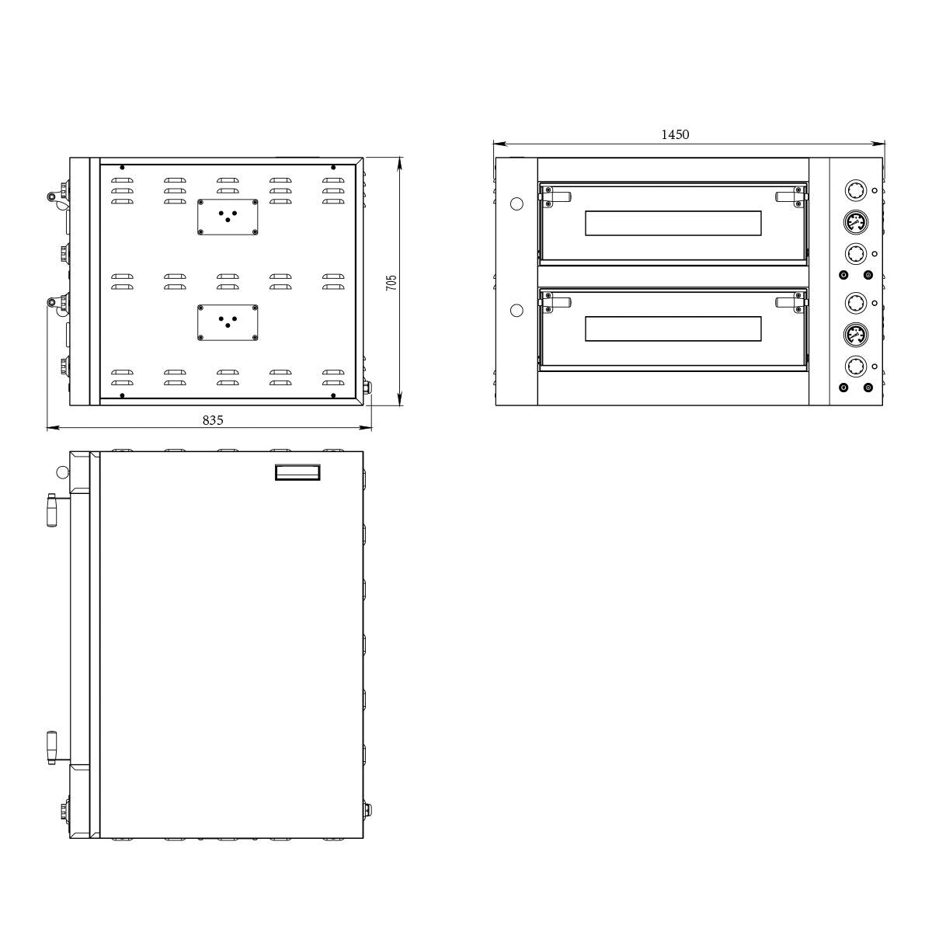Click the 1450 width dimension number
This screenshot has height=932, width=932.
coord(674,134)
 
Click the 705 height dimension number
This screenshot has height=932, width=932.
coord(391,282)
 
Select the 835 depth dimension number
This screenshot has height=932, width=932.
coord(212,419)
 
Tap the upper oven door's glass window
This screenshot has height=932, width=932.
coord(673,224)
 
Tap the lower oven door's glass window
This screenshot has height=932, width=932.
coord(673,329)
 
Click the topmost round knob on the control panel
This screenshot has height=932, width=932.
coord(855,191)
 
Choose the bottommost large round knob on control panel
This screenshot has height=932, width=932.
coord(855,367)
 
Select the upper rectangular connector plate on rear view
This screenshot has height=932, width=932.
coord(228,216)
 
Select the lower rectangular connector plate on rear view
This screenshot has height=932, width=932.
coord(228,322)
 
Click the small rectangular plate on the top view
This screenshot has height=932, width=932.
coord(298,473)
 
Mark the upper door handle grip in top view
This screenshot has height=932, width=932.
coord(53,509)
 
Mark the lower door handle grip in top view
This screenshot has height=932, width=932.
coord(53,747)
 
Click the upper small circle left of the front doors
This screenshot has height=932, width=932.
coord(516,203)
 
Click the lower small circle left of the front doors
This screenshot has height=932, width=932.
coord(516,311)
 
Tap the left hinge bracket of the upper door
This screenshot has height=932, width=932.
coord(557,197)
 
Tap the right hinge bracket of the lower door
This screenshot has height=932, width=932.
coord(789,303)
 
